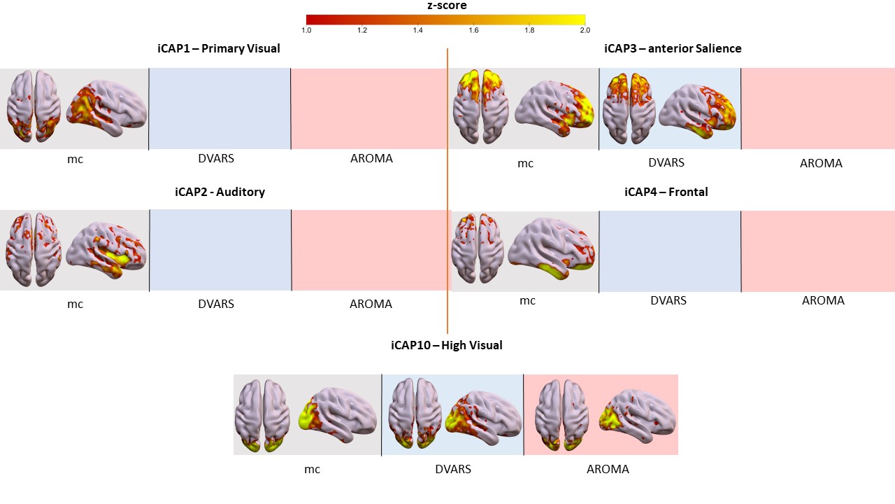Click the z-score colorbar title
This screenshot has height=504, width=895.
(x=447, y=6)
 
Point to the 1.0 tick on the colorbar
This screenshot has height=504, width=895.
(x=306, y=30)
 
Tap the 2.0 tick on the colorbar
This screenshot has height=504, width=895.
(x=585, y=30)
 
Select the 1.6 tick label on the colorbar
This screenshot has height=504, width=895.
(x=473, y=30)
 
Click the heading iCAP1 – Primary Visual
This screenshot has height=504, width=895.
(x=218, y=48)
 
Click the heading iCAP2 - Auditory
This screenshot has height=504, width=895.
(x=220, y=192)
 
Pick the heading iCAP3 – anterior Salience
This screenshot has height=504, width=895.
(x=673, y=48)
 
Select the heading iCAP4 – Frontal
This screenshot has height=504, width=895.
(x=666, y=192)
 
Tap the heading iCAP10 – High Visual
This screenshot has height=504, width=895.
(x=447, y=345)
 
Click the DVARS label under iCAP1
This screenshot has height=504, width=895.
(x=216, y=158)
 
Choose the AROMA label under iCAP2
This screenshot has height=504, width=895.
(x=371, y=304)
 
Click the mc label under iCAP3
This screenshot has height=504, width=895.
(x=525, y=164)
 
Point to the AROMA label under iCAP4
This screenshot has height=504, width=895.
(x=823, y=300)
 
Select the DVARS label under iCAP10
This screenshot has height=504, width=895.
(x=453, y=469)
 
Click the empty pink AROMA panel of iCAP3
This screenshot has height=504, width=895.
(x=817, y=108)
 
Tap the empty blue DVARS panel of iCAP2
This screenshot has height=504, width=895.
(x=220, y=250)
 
